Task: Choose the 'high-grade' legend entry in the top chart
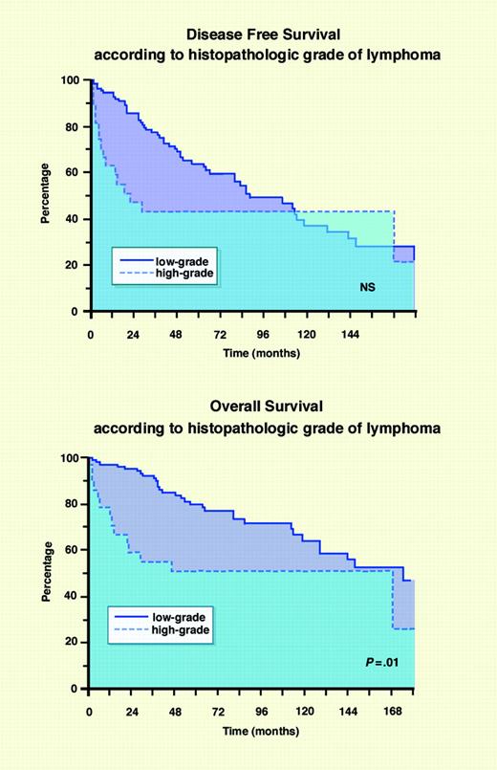pos(186,273)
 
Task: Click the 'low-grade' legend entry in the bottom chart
pos(182,618)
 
